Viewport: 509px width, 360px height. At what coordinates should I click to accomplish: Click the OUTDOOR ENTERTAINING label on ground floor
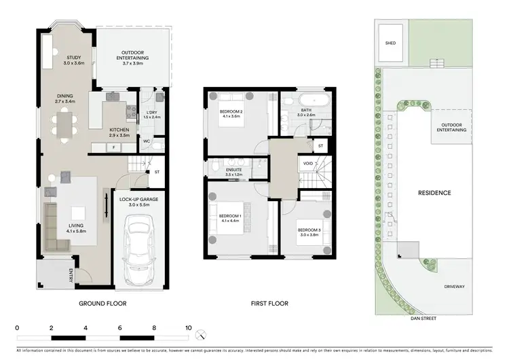pos(134,56)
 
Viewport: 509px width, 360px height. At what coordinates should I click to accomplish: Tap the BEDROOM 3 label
pos(309,232)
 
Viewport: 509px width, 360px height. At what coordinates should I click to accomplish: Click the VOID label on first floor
pos(308,163)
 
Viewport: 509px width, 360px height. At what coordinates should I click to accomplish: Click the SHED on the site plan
pos(390,43)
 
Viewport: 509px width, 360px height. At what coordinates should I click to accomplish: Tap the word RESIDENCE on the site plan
pos(434,193)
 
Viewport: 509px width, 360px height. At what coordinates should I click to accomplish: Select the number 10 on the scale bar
pos(188,327)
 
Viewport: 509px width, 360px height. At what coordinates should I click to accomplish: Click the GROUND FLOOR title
pos(103,304)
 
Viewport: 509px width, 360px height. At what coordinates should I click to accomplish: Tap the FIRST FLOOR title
pos(269,304)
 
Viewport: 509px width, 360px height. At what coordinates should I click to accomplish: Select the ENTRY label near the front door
pos(71,275)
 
